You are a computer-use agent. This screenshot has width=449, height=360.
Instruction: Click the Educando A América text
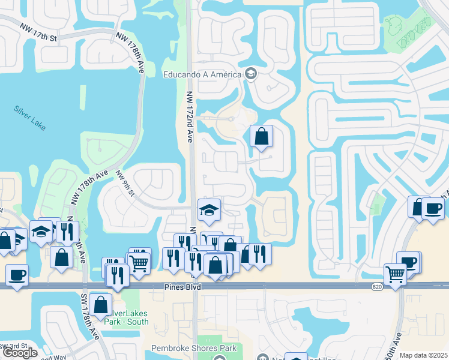pos(203,74)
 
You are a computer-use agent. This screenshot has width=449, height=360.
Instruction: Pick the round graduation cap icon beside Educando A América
pos(250,74)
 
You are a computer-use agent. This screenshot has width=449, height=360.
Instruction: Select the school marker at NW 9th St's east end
pos(209,211)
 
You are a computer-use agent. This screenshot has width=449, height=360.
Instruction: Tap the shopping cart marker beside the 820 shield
pos(395,275)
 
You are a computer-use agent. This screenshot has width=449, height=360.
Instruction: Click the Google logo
pos(20,353)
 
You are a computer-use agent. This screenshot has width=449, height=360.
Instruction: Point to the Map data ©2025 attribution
pos(423,355)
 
